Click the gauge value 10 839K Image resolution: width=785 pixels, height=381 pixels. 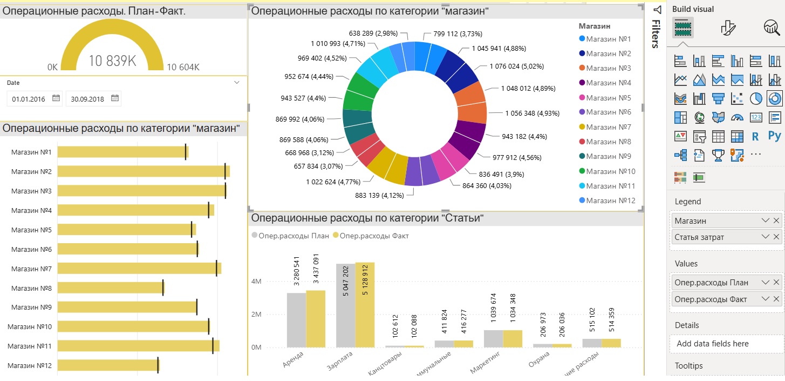[x=112, y=61]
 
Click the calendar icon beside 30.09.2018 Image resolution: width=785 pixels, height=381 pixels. [x=114, y=98]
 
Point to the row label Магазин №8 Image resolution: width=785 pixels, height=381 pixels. [x=31, y=288]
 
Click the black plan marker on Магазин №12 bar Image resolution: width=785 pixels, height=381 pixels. [x=158, y=365]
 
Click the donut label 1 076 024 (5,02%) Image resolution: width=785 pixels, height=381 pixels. [x=516, y=66]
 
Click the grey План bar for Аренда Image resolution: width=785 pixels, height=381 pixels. [x=296, y=319]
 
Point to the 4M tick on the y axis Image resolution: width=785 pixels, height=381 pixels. [x=256, y=282]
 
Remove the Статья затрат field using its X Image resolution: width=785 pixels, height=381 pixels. [x=776, y=237]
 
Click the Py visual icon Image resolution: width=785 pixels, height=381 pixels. [x=775, y=136]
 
